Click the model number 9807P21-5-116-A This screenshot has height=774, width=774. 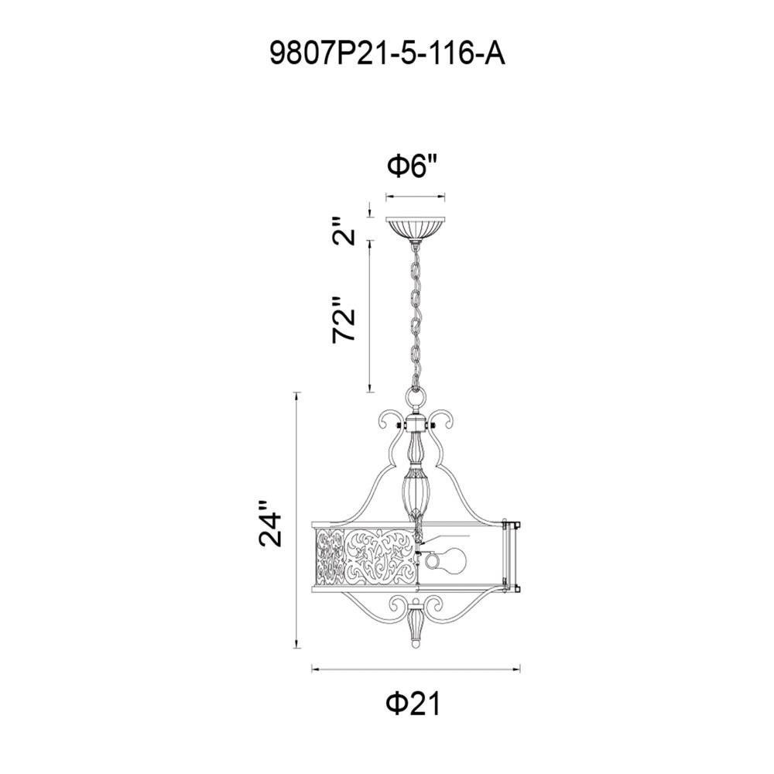(x=387, y=54)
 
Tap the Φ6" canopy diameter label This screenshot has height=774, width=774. (x=413, y=166)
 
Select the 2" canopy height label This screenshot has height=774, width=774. (x=344, y=231)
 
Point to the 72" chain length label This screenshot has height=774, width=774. (x=344, y=320)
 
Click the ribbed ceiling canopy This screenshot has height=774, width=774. (x=416, y=228)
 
